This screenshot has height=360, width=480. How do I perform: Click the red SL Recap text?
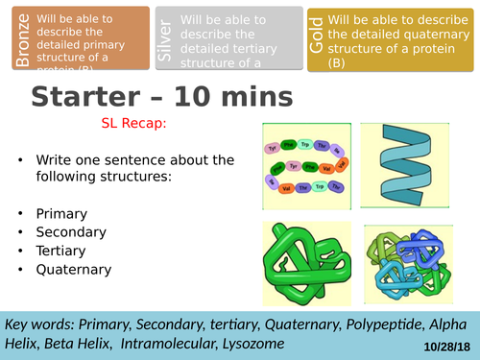pos(133,124)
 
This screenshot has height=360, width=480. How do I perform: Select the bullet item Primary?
pos(61,213)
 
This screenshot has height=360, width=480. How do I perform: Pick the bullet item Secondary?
pos(71,232)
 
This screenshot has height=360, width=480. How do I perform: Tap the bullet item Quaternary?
pos(74,271)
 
